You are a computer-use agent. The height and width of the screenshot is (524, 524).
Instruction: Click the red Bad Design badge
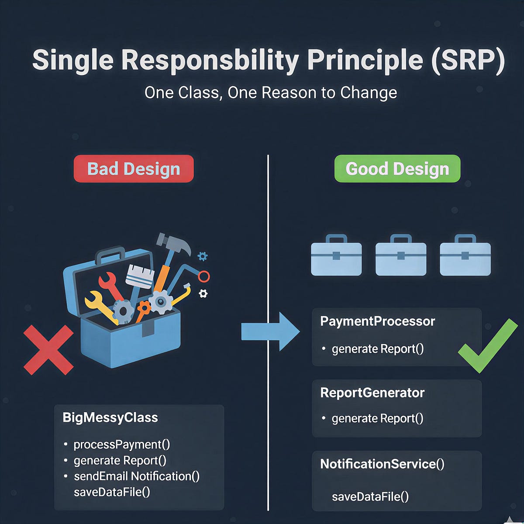134,169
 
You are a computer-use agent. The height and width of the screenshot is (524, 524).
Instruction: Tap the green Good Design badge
397,169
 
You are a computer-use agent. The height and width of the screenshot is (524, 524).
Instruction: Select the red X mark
48,350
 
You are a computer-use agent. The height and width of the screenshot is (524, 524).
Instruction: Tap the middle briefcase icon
401,255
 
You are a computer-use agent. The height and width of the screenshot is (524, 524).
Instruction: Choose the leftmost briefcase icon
336,255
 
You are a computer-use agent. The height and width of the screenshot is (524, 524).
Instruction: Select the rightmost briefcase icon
465,255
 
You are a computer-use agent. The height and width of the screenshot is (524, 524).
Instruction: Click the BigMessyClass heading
110,417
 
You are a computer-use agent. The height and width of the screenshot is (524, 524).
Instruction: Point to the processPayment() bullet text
122,445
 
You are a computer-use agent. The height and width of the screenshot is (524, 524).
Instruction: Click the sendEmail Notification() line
136,476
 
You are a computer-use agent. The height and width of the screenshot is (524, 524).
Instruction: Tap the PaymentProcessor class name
377,321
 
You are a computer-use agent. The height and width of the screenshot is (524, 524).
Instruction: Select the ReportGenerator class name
372,393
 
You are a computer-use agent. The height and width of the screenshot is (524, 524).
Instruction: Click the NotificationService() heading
382,464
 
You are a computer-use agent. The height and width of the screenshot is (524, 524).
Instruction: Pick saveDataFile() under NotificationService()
370,496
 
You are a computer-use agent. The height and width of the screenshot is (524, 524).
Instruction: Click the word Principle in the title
365,60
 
